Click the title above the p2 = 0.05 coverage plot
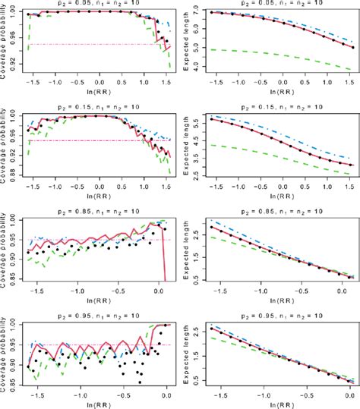pos(98,4)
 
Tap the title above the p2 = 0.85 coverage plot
pos(98,209)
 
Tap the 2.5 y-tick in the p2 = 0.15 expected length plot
pos(197,178)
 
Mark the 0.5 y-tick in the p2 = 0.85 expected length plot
pos(197,278)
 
